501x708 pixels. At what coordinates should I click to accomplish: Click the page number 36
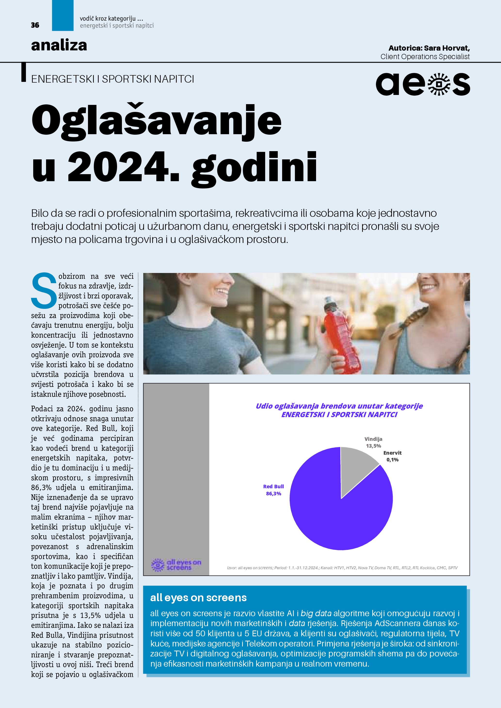pyautogui.click(x=35, y=25)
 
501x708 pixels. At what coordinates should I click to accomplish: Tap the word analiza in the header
pyautogui.click(x=59, y=45)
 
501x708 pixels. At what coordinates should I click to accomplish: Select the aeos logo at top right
pyautogui.click(x=423, y=84)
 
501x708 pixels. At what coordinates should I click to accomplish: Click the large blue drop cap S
pyautogui.click(x=44, y=290)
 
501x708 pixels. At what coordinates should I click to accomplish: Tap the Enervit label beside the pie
pyautogui.click(x=392, y=453)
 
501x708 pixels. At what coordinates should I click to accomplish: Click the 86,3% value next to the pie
pyautogui.click(x=273, y=494)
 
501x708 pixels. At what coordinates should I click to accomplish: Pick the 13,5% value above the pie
pyautogui.click(x=373, y=446)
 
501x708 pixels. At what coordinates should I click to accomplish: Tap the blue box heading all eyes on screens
pyautogui.click(x=198, y=598)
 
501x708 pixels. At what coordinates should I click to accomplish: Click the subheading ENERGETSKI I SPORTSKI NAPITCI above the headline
pyautogui.click(x=113, y=79)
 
